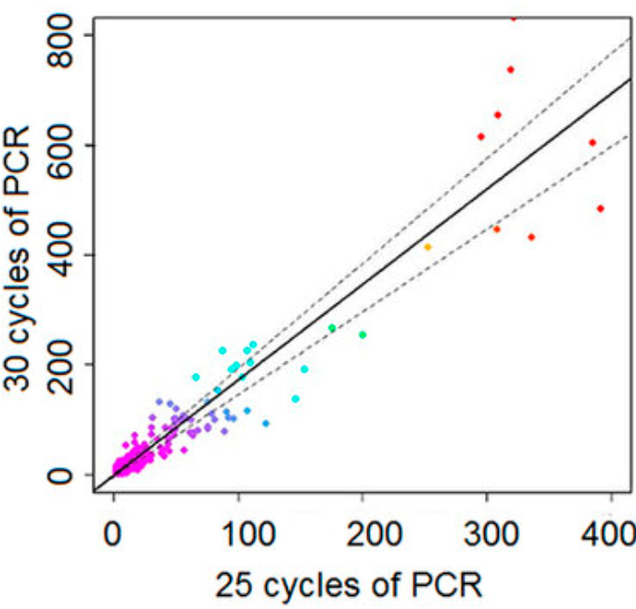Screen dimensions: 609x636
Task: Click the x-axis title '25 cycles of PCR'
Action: click(x=350, y=584)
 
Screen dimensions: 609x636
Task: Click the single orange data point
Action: click(x=427, y=247)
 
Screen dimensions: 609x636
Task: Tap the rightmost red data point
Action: click(x=601, y=209)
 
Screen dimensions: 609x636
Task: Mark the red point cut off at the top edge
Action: click(x=514, y=17)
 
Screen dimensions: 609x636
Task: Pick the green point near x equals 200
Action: click(x=363, y=335)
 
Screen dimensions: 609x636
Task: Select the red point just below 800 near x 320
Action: click(x=511, y=70)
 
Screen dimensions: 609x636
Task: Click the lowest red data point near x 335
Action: click(x=531, y=237)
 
